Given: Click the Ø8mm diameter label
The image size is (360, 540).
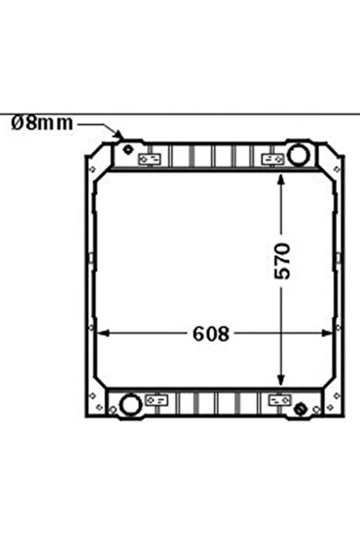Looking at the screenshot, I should click(41, 123).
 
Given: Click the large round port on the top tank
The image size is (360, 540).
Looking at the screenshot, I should click(297, 155).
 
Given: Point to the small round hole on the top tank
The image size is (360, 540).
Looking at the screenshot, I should click(127, 147).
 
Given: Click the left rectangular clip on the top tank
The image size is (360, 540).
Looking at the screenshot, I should click(151, 160).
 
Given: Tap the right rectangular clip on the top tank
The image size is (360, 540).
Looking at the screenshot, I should click(270, 160).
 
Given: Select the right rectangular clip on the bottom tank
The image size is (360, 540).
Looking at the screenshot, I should click(278, 399).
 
